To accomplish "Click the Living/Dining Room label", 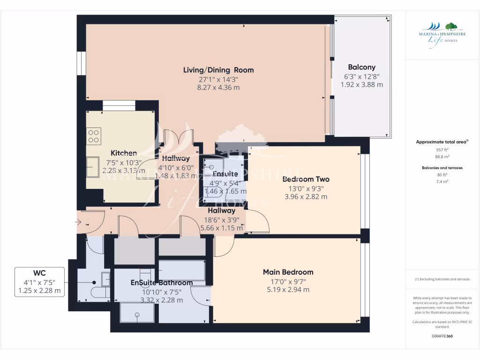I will (218, 70).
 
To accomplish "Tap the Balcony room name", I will (361, 67).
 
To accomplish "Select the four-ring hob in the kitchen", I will (94, 135).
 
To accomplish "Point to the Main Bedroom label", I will (288, 272).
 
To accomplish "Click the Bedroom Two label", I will (306, 179).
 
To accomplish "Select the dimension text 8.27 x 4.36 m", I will (218, 87).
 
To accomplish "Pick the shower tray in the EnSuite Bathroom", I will (137, 313).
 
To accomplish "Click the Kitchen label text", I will (124, 153).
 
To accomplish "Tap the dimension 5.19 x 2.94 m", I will (288, 290).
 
